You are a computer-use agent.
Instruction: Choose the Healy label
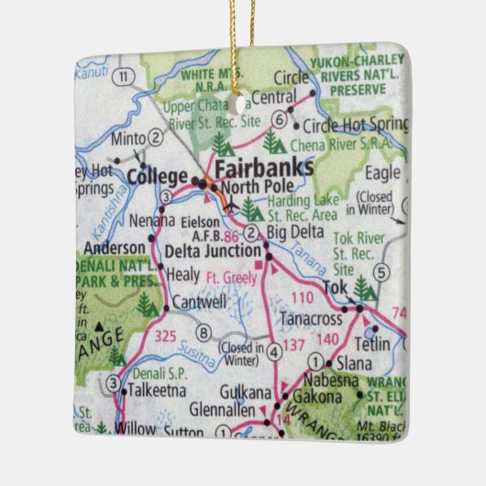point(183,274)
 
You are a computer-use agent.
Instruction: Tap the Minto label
point(127,139)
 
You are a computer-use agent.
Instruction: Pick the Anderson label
point(114,248)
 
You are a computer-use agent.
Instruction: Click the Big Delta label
point(292,232)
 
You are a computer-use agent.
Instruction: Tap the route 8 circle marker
point(204,332)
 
